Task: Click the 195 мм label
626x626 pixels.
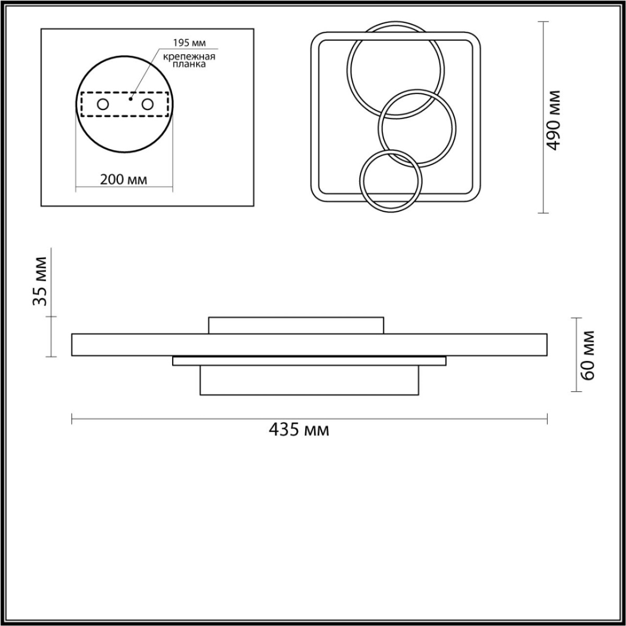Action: click(x=186, y=42)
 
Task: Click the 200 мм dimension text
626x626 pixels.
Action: click(x=124, y=179)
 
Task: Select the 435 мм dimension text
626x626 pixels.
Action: click(x=299, y=430)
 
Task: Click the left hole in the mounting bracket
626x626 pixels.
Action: click(x=102, y=104)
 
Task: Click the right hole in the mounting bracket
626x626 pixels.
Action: click(x=148, y=104)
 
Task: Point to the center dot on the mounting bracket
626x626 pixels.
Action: click(x=131, y=98)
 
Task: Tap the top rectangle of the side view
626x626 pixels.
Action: click(x=296, y=325)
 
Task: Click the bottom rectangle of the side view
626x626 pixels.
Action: click(x=309, y=380)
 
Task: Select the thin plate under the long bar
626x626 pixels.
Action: click(x=309, y=361)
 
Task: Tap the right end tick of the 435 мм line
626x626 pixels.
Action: click(x=547, y=419)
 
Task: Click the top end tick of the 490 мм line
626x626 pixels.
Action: click(x=544, y=22)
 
